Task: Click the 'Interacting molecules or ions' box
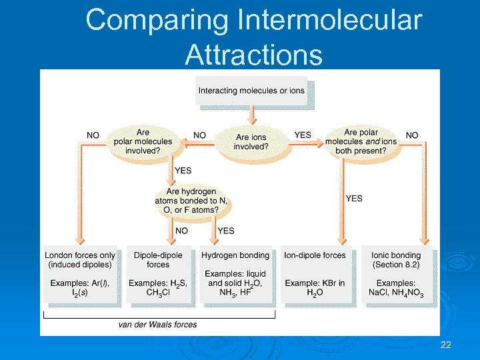point(251,91)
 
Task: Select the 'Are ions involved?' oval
point(252,142)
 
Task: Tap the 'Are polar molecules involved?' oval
point(143,141)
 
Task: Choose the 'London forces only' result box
point(80,274)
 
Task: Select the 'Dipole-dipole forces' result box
point(158,274)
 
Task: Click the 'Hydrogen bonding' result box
point(235,274)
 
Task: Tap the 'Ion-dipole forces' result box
point(315,274)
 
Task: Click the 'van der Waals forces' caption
point(157,325)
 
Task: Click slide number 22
point(446,345)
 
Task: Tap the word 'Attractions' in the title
point(253,54)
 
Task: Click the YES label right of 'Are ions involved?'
point(303,135)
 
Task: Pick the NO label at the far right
point(412,135)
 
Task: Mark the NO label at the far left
point(93,135)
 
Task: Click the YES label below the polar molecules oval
point(183,171)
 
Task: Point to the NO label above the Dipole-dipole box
point(181,231)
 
